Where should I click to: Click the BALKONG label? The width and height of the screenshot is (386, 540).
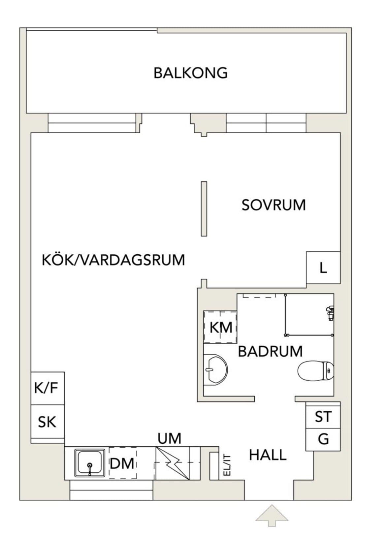tap(191, 73)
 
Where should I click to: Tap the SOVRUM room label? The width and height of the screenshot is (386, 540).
tap(273, 205)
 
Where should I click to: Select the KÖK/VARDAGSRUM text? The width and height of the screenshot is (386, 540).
tap(113, 260)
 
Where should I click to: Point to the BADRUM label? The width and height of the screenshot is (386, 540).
tap(270, 351)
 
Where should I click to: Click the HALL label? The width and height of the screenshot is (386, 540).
tap(268, 455)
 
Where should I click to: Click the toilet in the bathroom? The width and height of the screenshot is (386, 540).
tap(316, 371)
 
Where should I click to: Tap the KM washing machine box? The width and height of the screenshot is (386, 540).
tap(220, 327)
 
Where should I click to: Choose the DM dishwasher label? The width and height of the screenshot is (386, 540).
tap(122, 463)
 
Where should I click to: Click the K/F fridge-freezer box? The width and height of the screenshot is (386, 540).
tap(47, 388)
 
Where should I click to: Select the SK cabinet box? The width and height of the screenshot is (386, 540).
tap(47, 422)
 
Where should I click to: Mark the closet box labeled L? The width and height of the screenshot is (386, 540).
tap(323, 268)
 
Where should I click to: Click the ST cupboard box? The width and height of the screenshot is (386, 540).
tap(323, 417)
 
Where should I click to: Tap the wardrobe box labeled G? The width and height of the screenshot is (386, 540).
tap(323, 439)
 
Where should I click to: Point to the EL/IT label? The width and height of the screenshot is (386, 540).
tap(227, 465)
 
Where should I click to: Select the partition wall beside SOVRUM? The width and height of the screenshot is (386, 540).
tap(204, 209)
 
